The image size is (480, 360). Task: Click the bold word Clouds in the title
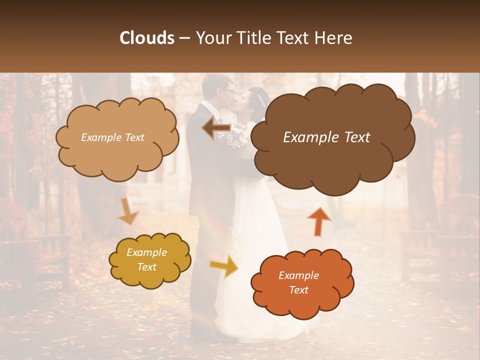tap(147, 38)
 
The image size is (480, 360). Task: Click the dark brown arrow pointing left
tap(216, 128)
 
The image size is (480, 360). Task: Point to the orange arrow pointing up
tap(318, 221)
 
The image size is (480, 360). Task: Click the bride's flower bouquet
tap(238, 136)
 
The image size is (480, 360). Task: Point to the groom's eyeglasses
tap(229, 91)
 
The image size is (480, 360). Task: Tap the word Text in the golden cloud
tap(146, 267)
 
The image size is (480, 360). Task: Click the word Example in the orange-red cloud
tap(298, 275)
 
